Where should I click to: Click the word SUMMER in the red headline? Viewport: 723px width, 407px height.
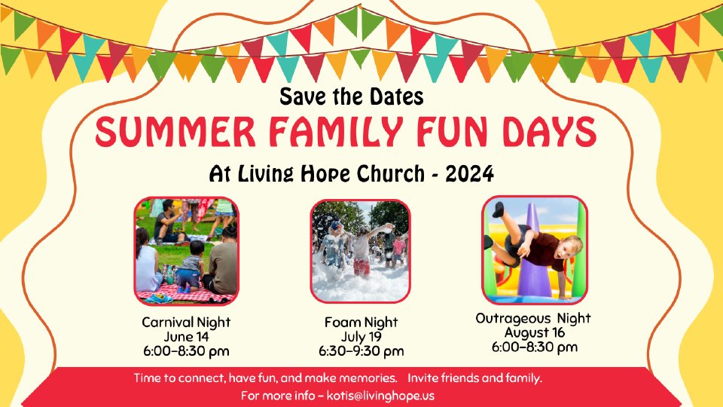(x=175, y=132)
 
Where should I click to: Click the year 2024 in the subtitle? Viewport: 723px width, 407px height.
(x=469, y=173)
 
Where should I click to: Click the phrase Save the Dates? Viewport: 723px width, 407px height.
(x=352, y=96)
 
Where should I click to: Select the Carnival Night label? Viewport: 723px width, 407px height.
(x=186, y=322)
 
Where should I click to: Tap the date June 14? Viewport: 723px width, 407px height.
(x=186, y=337)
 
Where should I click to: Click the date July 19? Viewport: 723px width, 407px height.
(x=361, y=337)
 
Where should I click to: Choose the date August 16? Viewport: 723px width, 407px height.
(x=535, y=332)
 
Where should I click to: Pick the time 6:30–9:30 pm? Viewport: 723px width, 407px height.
(x=361, y=352)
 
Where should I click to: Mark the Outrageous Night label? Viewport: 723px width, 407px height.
(x=533, y=318)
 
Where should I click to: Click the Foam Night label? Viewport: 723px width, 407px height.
(x=361, y=322)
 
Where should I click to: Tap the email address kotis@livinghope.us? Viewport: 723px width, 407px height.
(x=380, y=396)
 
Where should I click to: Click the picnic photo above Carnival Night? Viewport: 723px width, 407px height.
(x=186, y=250)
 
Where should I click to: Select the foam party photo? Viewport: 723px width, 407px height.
(x=360, y=251)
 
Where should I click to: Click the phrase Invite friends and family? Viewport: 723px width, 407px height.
(x=474, y=378)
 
